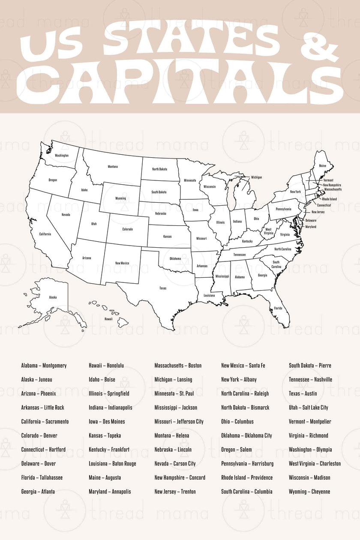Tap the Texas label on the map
pos(163,288)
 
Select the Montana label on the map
pos(113,167)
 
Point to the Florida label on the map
pos(278,308)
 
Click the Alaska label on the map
pos(53,297)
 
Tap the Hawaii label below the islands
pos(108,319)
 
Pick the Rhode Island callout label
pos(329,199)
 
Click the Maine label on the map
pos(322,166)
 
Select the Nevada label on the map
pos(66,215)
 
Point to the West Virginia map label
pos(268,231)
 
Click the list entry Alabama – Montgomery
pos(44,366)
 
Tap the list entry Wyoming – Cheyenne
pos(309,492)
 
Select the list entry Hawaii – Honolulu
pos(106,366)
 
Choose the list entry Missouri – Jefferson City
pos(179,422)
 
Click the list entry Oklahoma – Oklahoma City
pos(246,435)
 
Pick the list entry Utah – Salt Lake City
pos(308,408)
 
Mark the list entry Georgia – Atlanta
pos(38,492)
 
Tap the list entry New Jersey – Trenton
pos(176,492)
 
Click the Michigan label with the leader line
pos(256,177)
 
